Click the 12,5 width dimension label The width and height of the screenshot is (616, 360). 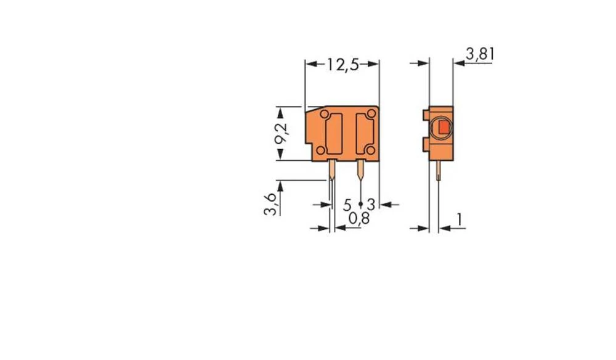(x=342, y=65)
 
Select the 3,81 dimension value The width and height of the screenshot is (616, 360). (x=480, y=54)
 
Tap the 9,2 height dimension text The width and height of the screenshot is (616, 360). (x=281, y=133)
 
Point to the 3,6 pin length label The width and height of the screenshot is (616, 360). (x=270, y=202)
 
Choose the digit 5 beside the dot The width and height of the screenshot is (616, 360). (x=347, y=204)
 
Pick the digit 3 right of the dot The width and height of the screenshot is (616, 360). (x=371, y=204)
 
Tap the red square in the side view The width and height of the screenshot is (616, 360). (x=442, y=128)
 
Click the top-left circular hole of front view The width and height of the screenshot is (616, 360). (x=323, y=115)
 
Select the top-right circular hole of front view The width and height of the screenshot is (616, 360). (x=370, y=115)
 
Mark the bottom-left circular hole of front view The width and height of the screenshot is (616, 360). (x=321, y=151)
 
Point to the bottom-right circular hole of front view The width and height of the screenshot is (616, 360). (x=368, y=151)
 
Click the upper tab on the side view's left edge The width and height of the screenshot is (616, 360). (x=426, y=115)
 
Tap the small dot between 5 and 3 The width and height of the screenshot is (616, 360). (x=360, y=203)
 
